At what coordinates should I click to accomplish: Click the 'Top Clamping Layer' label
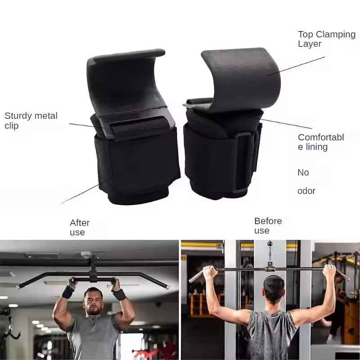coord(327,39)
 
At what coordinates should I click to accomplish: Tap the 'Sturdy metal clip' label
coord(31,121)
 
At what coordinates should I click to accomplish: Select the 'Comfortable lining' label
coord(321,142)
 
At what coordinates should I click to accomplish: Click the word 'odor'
coord(306,191)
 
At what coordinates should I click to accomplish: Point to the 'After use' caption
coord(80,227)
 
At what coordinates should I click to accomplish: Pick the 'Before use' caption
coord(268,225)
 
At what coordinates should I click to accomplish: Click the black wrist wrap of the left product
coord(138,165)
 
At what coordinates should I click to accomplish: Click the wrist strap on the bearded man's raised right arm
coord(68,292)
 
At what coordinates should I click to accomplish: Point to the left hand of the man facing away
coord(209,273)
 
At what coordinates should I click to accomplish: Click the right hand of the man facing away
coord(329,271)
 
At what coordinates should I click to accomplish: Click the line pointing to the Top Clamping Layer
coord(296,66)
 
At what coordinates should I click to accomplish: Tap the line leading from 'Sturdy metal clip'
coord(87,126)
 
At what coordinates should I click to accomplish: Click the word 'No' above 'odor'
coord(303,172)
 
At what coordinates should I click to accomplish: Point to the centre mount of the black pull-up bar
coord(93,269)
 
